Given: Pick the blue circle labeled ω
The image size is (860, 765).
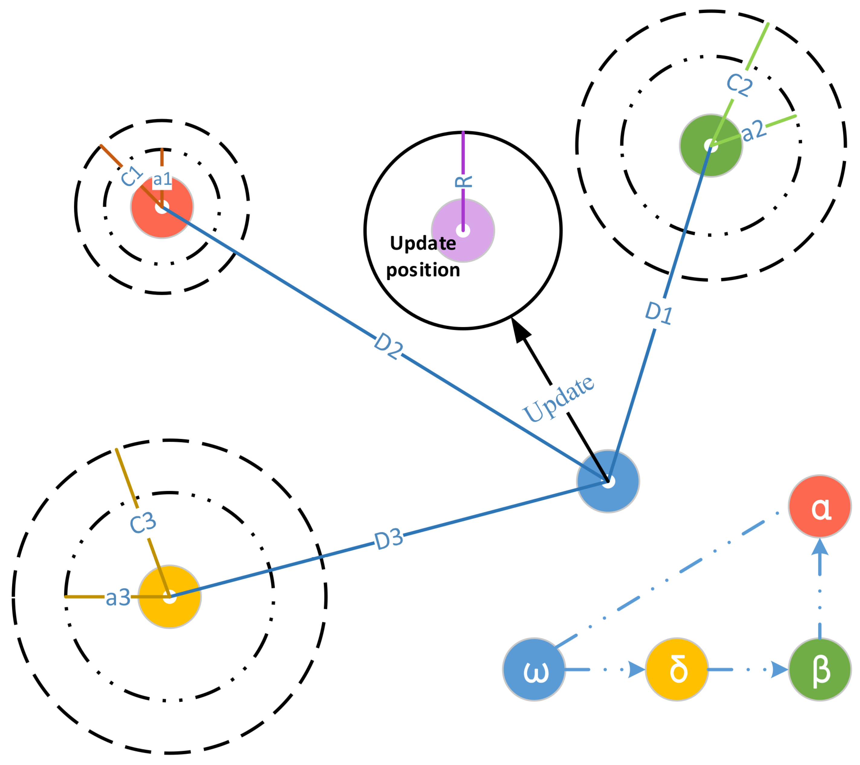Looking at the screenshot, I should coord(534,669).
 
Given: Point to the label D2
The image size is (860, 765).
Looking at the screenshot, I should coord(388,346).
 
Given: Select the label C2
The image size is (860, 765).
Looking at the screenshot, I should coord(739,84).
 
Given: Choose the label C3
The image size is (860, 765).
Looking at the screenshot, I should coord(143,523).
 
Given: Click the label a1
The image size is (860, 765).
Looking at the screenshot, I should coord(162,180).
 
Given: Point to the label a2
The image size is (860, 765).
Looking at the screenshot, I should coord(754,131).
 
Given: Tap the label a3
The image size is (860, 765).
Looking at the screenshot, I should coord(118,598).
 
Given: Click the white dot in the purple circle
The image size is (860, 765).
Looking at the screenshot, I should coord(463,231).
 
